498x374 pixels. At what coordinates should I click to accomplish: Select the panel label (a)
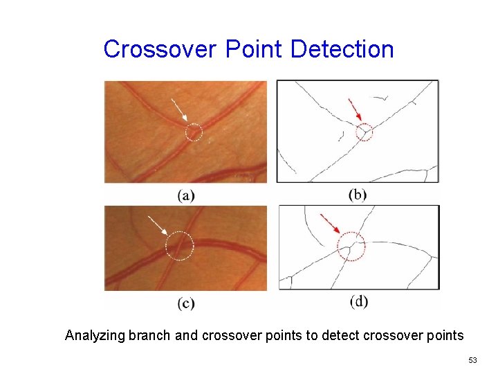tap(186, 195)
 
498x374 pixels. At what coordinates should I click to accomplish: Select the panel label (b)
tap(358, 195)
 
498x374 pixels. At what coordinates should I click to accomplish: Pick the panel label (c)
tap(186, 303)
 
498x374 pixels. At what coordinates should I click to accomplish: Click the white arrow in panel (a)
tap(179, 110)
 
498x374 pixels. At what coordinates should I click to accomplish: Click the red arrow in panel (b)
tap(354, 109)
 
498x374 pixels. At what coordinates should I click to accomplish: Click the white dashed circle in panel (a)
tap(194, 132)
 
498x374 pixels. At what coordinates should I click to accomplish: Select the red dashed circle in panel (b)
tap(365, 132)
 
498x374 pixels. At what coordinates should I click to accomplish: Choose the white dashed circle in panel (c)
tap(180, 245)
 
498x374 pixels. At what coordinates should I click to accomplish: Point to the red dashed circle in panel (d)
tap(351, 246)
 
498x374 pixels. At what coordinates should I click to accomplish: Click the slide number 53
tap(472, 360)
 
